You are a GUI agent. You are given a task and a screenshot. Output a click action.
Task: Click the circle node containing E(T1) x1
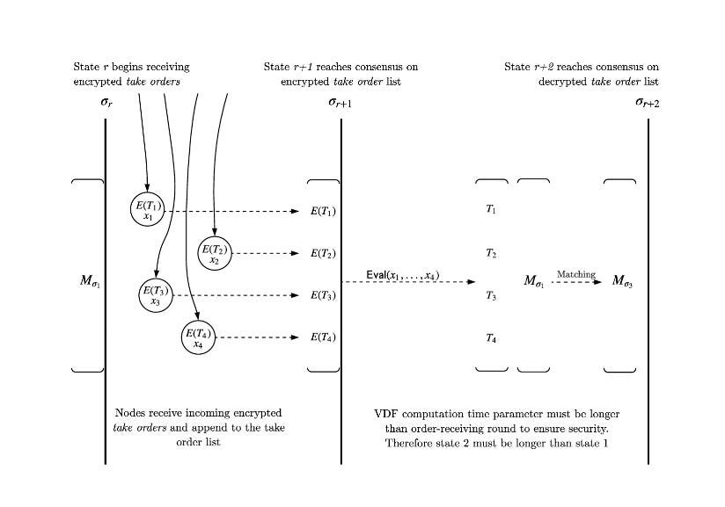click(x=147, y=210)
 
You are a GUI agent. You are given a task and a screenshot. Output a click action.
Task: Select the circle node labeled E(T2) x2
click(x=215, y=252)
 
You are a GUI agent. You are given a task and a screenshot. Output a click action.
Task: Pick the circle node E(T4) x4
click(x=197, y=337)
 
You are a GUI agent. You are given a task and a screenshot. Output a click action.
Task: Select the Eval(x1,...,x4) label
click(x=403, y=275)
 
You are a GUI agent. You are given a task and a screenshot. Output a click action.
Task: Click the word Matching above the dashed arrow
click(x=575, y=274)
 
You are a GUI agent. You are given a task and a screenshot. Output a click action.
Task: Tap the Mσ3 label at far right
click(x=623, y=282)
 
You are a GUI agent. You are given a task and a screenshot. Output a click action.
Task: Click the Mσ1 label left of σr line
click(x=90, y=282)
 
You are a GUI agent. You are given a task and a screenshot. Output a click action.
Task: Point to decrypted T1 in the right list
click(x=491, y=210)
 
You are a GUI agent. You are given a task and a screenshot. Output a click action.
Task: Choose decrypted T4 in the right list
click(x=491, y=337)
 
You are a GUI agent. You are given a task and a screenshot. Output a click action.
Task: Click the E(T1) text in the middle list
click(x=323, y=211)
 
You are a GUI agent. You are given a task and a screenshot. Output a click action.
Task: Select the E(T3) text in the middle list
click(x=323, y=295)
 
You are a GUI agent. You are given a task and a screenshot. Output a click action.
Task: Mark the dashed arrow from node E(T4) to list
click(x=257, y=337)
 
